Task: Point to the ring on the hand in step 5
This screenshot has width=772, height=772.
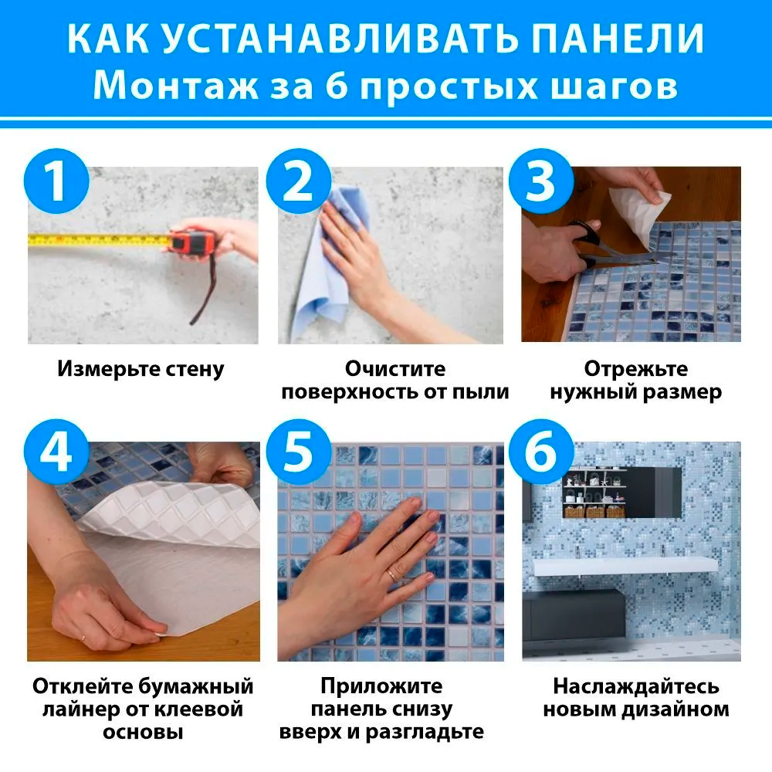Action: tap(393, 574)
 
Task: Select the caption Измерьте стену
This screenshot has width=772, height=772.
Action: tap(141, 369)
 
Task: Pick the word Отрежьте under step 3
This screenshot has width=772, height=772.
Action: tap(635, 369)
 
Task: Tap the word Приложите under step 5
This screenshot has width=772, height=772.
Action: tap(381, 686)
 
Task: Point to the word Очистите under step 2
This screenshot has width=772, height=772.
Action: tap(394, 369)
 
